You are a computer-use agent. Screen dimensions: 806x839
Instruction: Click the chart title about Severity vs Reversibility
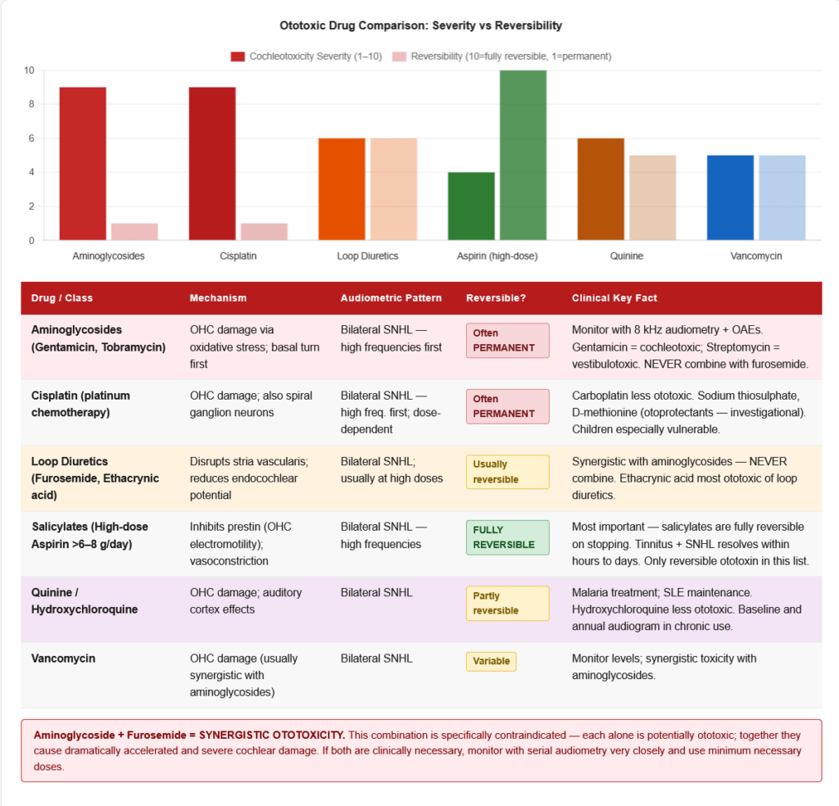click(420, 25)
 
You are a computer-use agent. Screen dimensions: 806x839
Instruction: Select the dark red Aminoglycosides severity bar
click(83, 163)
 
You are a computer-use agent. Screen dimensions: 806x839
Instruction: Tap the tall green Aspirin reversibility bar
click(523, 155)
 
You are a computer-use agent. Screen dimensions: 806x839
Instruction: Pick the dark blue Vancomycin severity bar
click(730, 197)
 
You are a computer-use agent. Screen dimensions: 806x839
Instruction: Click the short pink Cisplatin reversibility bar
click(264, 231)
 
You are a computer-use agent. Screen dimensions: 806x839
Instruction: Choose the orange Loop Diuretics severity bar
click(342, 189)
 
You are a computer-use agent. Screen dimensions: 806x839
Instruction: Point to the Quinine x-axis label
click(627, 256)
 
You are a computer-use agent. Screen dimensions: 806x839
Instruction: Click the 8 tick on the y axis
click(30, 104)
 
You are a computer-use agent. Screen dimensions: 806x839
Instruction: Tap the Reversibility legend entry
click(501, 57)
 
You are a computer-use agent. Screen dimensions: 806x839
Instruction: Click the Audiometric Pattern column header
click(391, 298)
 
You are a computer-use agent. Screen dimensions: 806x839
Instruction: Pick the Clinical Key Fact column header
click(615, 298)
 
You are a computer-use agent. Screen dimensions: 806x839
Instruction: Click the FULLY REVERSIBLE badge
click(507, 537)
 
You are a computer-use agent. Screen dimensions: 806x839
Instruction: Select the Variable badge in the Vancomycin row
click(492, 661)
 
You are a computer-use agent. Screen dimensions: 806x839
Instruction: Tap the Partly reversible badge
click(507, 603)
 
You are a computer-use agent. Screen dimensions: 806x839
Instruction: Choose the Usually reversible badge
click(507, 472)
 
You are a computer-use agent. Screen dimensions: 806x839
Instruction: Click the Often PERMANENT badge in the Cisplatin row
click(507, 406)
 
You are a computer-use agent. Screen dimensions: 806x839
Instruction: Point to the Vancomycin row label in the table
click(63, 659)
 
